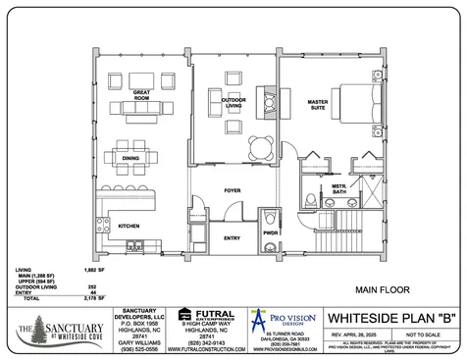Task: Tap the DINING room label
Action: tap(130, 158)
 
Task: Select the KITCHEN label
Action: tap(130, 226)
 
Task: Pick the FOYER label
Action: tap(232, 191)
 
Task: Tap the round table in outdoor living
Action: tap(261, 146)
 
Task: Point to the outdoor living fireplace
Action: tap(266, 96)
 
